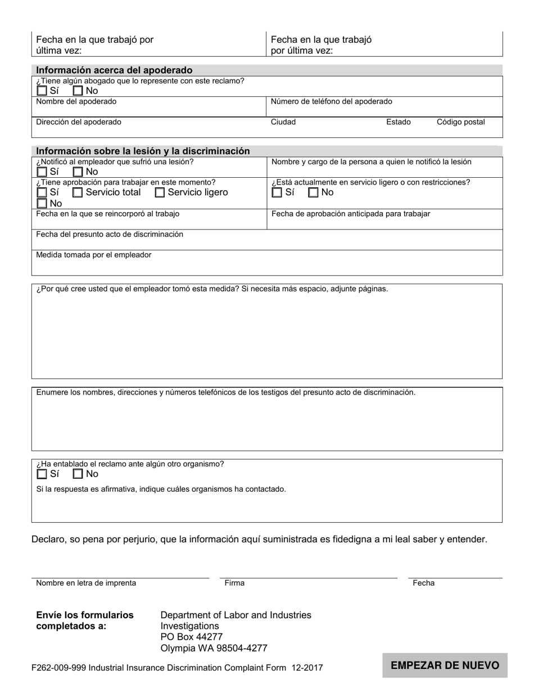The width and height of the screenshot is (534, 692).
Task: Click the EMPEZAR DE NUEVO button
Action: point(445,666)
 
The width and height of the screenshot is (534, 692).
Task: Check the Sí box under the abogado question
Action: point(42,91)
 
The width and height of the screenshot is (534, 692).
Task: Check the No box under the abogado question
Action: point(78,91)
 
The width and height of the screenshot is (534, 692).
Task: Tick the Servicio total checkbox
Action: point(78,192)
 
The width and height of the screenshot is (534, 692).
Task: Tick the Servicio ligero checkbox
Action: point(160,192)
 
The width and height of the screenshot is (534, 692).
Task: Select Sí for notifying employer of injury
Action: point(42,172)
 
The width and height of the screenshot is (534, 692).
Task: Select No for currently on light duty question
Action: point(314,192)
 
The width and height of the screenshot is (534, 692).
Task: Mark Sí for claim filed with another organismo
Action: point(42,474)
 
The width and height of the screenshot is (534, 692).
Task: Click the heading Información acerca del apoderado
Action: point(114,70)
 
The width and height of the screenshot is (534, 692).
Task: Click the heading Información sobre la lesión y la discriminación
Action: point(143,151)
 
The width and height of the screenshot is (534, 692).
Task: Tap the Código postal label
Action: point(460,122)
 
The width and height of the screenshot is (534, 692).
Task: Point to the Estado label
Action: point(398,122)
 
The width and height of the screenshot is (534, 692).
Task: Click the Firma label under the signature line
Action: point(234,583)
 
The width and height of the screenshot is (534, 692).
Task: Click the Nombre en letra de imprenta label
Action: point(86,583)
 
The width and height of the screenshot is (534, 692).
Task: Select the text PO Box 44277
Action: point(192,637)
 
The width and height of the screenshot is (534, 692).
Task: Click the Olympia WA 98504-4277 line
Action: point(214,648)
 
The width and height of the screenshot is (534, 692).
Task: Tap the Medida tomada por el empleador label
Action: point(94,255)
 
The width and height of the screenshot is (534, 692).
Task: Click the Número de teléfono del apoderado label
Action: point(332,102)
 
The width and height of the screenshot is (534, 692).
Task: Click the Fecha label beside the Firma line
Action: point(423,583)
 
